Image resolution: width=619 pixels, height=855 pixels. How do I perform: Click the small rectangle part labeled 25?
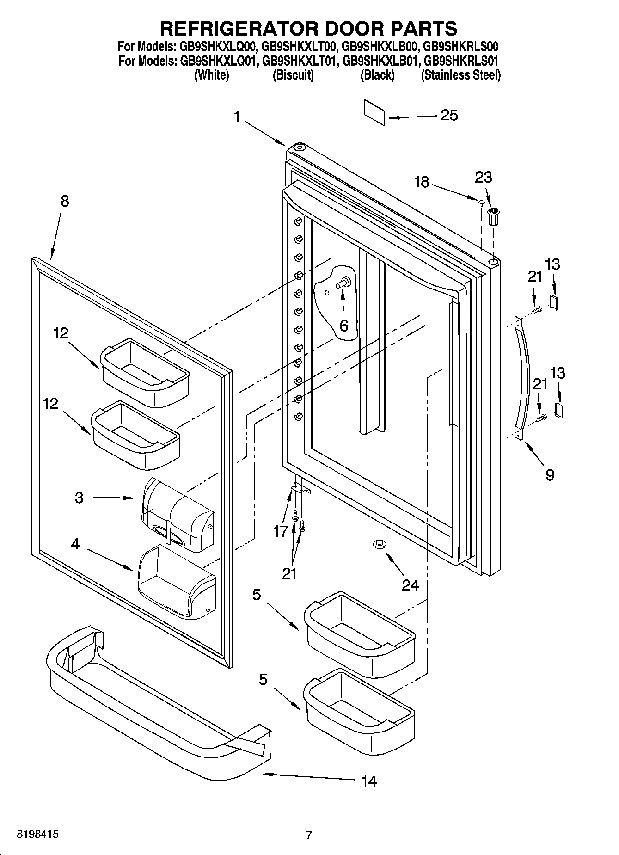[374, 112]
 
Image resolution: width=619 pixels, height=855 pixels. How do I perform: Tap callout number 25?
[449, 115]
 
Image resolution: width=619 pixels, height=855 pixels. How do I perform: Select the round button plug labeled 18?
[481, 201]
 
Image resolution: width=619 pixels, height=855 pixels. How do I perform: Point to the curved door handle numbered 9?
[523, 377]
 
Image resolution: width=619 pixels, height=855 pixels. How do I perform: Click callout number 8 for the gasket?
[64, 201]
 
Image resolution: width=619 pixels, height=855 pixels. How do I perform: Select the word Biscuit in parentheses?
[293, 75]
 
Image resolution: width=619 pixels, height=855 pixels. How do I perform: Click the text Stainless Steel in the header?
[460, 75]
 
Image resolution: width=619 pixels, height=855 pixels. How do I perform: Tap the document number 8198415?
[37, 835]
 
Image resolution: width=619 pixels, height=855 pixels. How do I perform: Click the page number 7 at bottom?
[309, 835]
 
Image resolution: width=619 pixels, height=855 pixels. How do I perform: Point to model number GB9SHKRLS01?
[460, 61]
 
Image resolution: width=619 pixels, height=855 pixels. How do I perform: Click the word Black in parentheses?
[377, 75]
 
